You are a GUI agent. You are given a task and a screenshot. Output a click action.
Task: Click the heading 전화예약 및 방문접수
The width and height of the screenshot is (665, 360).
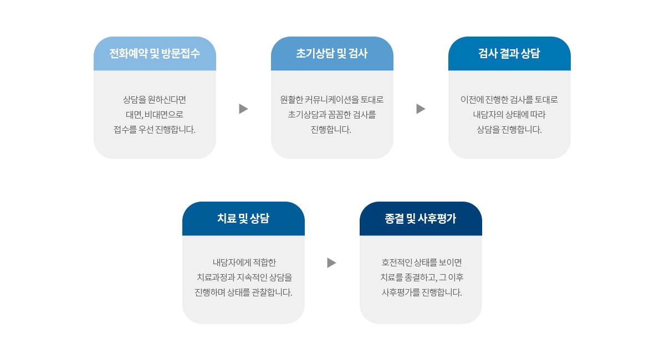click(155, 53)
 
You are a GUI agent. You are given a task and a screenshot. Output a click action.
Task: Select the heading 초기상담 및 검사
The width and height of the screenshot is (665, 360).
click(332, 53)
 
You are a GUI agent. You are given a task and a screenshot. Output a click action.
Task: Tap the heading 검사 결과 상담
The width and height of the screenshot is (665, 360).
click(509, 53)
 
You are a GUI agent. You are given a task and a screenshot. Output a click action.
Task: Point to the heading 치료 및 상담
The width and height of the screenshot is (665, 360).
click(243, 218)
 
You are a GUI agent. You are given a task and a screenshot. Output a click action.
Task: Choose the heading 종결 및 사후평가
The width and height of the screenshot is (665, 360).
click(421, 218)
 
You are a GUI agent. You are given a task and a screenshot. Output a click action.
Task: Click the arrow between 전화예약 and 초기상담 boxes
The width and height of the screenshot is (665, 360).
click(243, 109)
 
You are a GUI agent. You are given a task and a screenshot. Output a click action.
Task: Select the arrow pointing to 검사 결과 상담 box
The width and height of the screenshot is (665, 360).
click(421, 109)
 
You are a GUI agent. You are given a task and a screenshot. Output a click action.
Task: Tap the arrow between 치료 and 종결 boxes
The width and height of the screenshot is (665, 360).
click(331, 263)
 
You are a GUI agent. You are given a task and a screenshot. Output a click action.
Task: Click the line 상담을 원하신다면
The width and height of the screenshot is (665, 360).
click(155, 100)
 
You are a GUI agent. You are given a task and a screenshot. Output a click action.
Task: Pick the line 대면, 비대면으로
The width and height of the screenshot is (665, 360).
click(155, 115)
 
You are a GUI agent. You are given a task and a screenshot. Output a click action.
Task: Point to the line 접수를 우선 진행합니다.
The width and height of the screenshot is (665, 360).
click(155, 130)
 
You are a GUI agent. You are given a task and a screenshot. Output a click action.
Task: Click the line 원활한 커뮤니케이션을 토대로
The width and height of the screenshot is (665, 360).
click(331, 100)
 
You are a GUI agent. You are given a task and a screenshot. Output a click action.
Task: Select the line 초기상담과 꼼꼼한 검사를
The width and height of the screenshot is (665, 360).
click(331, 115)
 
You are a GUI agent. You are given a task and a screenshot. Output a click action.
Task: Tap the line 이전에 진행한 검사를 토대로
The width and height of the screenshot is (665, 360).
click(509, 100)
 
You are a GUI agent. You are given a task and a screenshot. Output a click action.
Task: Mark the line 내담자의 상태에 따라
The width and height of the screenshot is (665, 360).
click(509, 115)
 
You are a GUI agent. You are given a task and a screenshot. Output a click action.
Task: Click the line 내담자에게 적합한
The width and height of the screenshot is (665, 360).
click(244, 263)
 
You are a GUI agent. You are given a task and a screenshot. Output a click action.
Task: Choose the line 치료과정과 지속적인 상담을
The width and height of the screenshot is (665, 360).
click(244, 277)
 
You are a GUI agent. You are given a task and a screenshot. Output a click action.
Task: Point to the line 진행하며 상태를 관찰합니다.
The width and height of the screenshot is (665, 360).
click(243, 292)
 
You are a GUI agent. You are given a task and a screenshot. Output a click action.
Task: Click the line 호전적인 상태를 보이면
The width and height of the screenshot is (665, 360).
click(422, 263)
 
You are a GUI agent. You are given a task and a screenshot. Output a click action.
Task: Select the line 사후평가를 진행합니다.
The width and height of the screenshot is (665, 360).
click(422, 292)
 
